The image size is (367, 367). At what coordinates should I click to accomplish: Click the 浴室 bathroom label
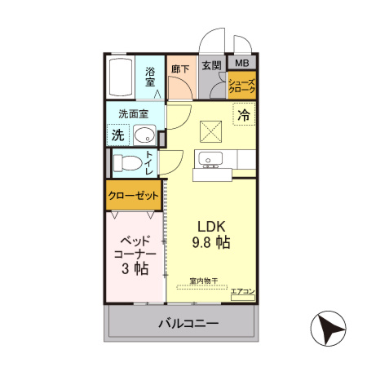point(150,77)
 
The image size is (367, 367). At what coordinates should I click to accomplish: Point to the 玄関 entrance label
point(211,66)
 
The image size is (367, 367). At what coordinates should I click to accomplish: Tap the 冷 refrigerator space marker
point(243,116)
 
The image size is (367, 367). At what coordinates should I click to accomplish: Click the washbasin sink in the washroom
point(145,135)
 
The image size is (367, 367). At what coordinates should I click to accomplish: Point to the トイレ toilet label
point(149,163)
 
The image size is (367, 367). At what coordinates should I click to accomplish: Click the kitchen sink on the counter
point(212,157)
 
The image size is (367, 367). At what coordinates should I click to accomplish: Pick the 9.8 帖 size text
point(210,242)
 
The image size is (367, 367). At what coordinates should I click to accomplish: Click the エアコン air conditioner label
point(242,291)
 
